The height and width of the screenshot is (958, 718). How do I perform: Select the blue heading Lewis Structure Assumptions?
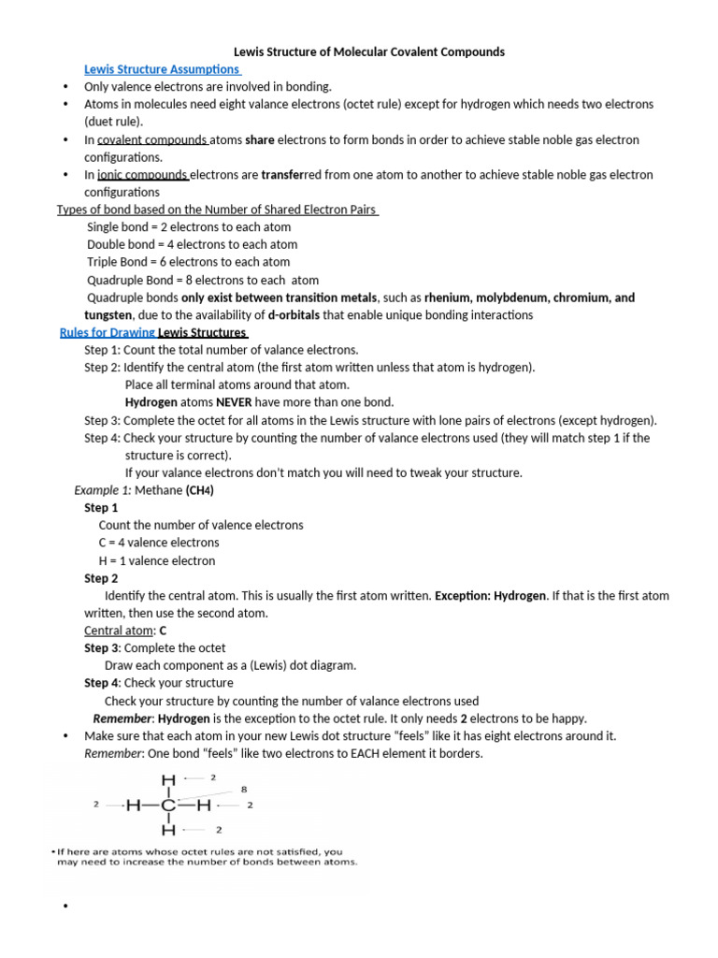click(163, 69)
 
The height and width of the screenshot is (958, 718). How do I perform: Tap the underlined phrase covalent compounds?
click(152, 139)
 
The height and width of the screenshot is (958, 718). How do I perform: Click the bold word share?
click(260, 139)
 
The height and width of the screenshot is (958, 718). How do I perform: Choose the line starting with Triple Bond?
click(189, 262)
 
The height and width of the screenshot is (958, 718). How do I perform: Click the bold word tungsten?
click(108, 315)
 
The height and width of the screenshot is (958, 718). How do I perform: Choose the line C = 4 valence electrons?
click(159, 543)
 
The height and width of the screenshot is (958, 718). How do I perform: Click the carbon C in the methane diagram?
click(168, 804)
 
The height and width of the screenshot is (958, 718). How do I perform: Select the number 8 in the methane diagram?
click(244, 790)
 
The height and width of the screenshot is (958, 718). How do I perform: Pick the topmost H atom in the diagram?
click(168, 778)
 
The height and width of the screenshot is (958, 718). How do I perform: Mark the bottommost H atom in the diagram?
click(168, 829)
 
